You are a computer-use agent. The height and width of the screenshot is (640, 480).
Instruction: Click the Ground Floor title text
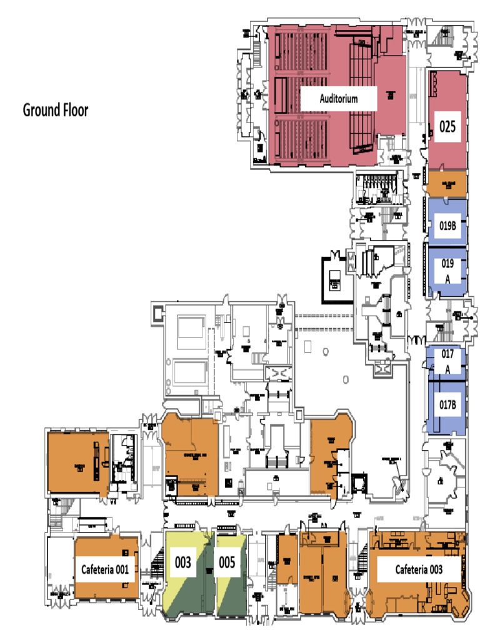click(x=56, y=111)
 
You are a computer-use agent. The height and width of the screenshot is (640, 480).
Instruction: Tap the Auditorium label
click(x=339, y=99)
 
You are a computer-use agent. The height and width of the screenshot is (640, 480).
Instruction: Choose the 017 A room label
click(x=447, y=360)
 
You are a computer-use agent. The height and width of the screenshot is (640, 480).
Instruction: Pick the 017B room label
click(x=447, y=404)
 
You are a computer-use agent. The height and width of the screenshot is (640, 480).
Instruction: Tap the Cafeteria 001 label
click(x=105, y=569)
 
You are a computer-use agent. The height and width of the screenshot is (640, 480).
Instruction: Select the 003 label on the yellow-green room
click(x=182, y=562)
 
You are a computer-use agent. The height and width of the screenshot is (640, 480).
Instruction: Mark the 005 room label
click(x=227, y=562)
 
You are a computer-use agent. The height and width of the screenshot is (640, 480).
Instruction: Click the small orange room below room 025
click(x=447, y=184)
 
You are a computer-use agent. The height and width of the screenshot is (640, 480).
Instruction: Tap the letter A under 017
click(x=447, y=369)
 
